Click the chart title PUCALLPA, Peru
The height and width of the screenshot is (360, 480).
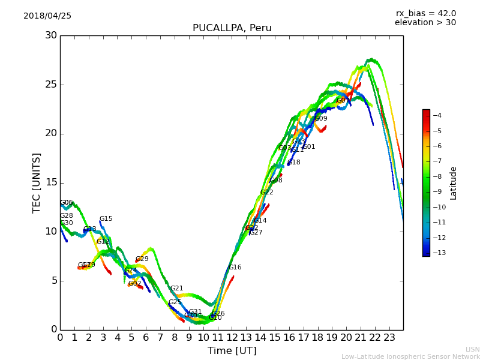point(232,28)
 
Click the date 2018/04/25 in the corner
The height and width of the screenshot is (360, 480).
point(47,16)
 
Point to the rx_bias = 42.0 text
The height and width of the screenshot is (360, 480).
point(425,13)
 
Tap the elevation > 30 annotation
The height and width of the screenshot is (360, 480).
point(425,23)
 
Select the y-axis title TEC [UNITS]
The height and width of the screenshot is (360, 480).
point(37,182)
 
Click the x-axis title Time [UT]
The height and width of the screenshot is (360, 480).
point(232,351)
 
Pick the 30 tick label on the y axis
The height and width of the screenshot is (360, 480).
point(50,35)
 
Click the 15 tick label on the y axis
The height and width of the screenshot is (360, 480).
point(50,182)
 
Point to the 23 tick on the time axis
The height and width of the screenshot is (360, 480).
point(389,338)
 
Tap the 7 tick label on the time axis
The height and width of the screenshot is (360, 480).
point(160,338)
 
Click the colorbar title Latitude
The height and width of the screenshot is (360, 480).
point(454,183)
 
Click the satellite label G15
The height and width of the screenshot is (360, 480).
point(106,219)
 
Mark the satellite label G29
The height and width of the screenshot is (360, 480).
point(142,259)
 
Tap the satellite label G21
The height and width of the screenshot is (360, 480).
point(176,289)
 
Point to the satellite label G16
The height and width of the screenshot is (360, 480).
point(235,268)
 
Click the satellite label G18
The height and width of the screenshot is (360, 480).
point(294,163)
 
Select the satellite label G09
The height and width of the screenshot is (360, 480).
point(321,119)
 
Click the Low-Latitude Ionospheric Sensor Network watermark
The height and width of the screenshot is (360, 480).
point(410,357)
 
